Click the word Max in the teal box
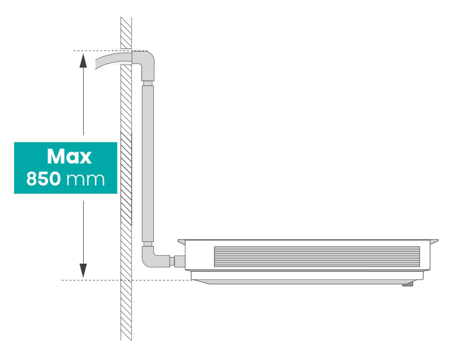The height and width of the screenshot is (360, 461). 69,156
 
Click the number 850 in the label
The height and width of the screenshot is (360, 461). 44,178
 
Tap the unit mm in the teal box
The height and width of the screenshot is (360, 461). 85,180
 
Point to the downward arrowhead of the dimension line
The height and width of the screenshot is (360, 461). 83,270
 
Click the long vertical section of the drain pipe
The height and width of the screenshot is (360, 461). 148,163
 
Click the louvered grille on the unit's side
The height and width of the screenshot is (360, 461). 317,257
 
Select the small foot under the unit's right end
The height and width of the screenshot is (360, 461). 408,284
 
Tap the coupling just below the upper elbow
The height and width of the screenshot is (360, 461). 148,83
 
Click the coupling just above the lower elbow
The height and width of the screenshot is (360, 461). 148,244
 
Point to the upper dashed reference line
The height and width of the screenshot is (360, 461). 110,51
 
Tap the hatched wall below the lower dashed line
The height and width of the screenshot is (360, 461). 126,310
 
